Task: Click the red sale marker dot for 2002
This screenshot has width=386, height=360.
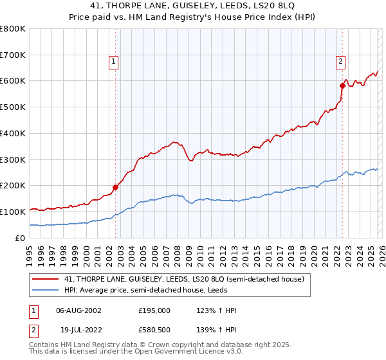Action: [116, 187]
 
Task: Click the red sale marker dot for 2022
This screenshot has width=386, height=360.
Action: [342, 85]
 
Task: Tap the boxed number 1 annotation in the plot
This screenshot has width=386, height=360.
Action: [113, 62]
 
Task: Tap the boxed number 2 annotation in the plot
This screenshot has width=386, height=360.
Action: [340, 62]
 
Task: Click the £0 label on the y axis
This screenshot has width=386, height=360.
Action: [19, 238]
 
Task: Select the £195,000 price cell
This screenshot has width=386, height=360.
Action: [154, 310]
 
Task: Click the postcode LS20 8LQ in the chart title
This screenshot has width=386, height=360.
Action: [243, 6]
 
